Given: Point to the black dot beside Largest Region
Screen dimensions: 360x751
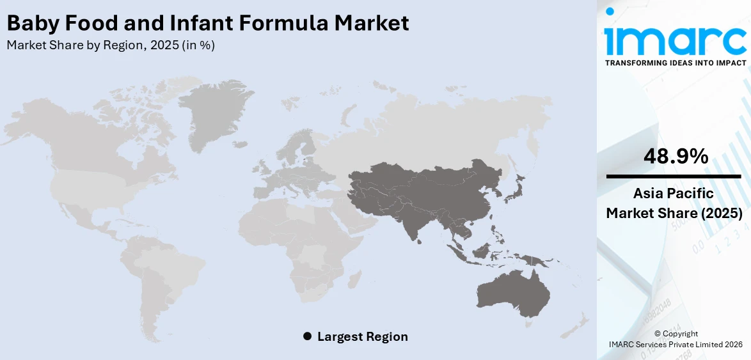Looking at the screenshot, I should [x=307, y=336].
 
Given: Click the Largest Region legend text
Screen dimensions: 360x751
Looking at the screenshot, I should [x=362, y=336].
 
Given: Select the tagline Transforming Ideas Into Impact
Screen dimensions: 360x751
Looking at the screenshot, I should [x=675, y=63].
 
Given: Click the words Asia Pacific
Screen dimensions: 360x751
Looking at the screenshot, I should [x=674, y=194].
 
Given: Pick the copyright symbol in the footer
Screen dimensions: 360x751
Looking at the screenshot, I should [x=658, y=334].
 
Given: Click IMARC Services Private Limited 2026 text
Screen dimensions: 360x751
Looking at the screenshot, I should [x=675, y=344].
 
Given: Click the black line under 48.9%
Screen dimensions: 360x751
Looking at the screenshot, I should [x=674, y=176].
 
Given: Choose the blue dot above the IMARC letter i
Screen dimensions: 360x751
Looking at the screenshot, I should [x=610, y=11].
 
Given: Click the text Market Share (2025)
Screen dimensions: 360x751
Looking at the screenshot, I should [x=674, y=213].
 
